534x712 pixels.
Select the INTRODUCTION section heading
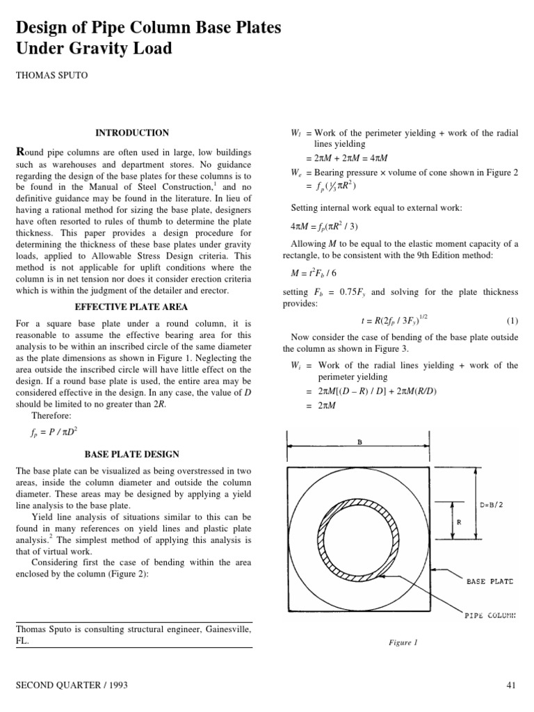coord(131,133)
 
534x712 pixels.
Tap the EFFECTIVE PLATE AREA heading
coord(131,307)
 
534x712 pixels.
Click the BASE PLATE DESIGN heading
coord(131,454)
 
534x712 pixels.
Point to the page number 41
coord(512,686)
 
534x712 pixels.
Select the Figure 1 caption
coord(403,643)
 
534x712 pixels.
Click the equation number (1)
coord(512,321)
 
